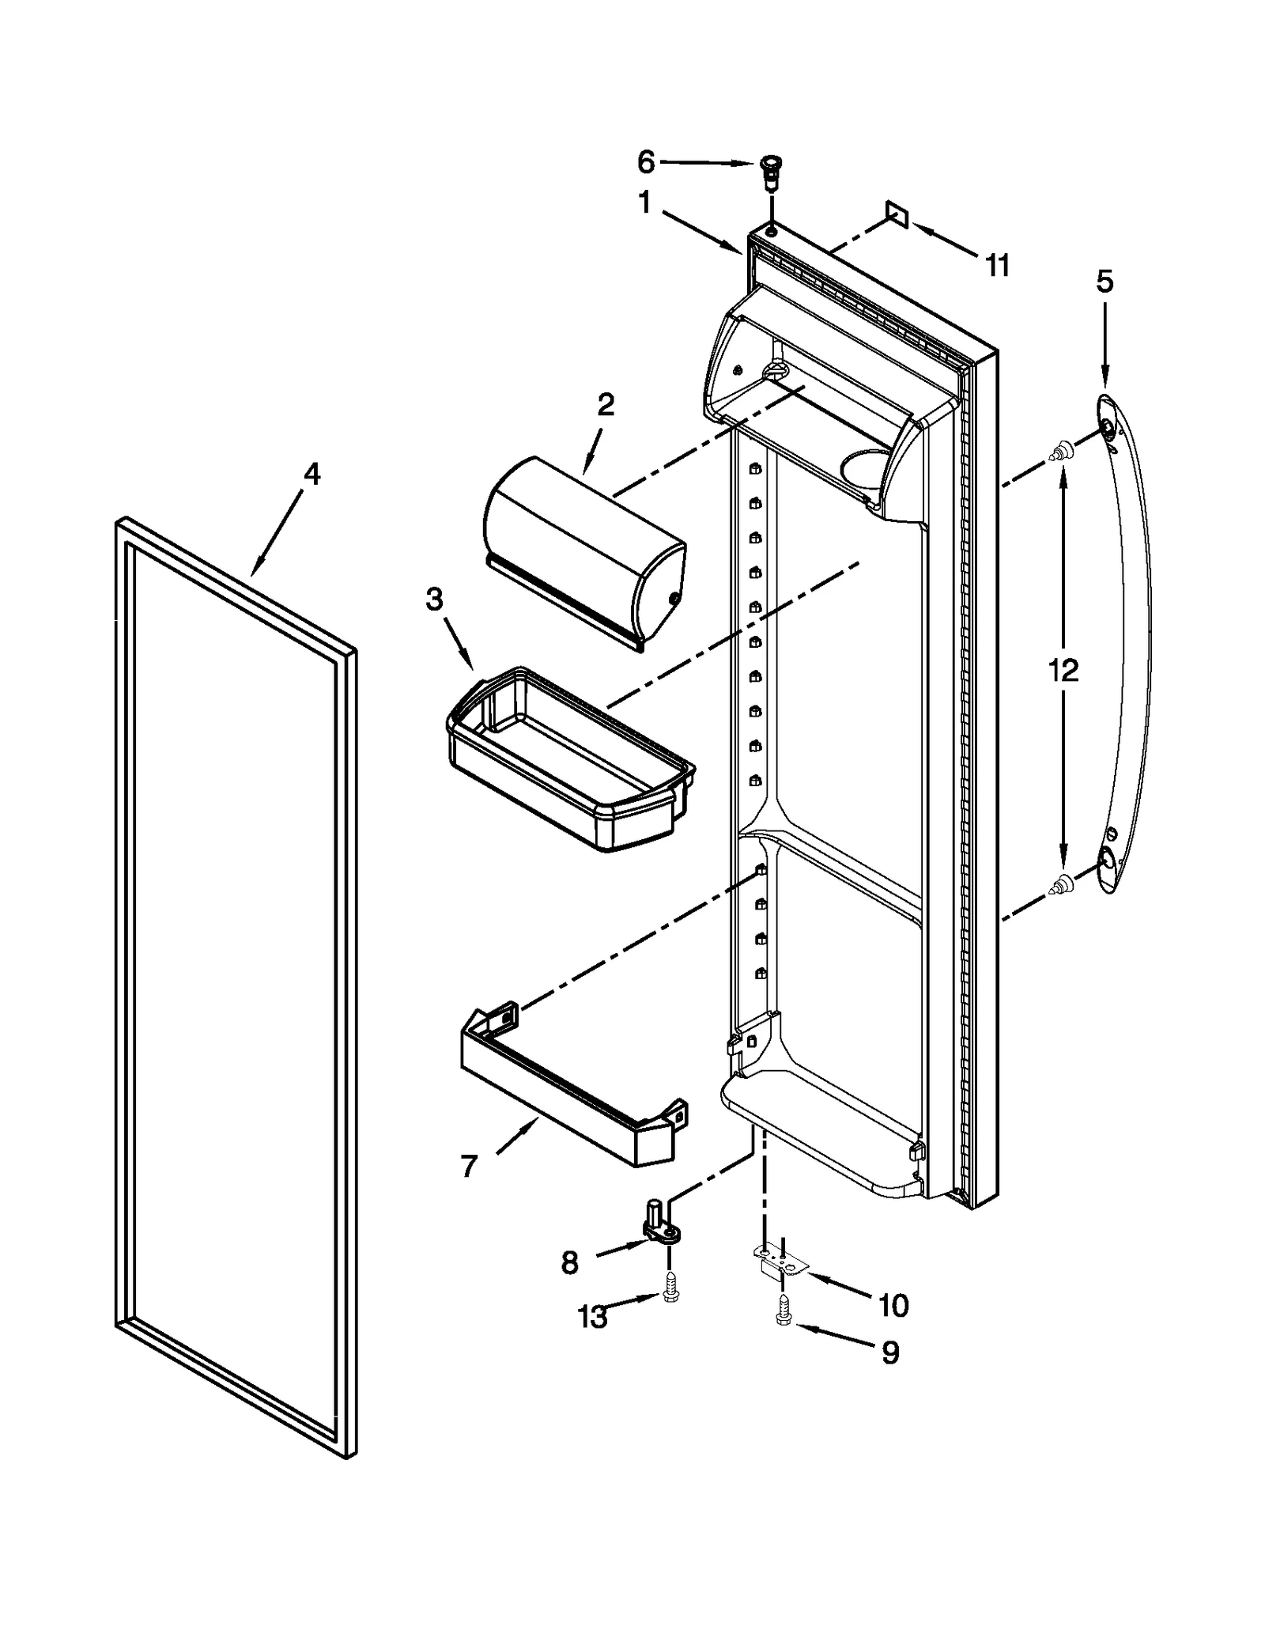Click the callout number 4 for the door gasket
(x=312, y=474)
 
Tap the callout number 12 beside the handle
(x=1063, y=671)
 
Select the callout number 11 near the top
(x=998, y=266)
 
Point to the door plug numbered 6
(x=768, y=170)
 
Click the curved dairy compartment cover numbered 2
(x=585, y=554)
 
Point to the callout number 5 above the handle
(x=1105, y=281)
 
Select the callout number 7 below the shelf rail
(x=469, y=1166)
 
